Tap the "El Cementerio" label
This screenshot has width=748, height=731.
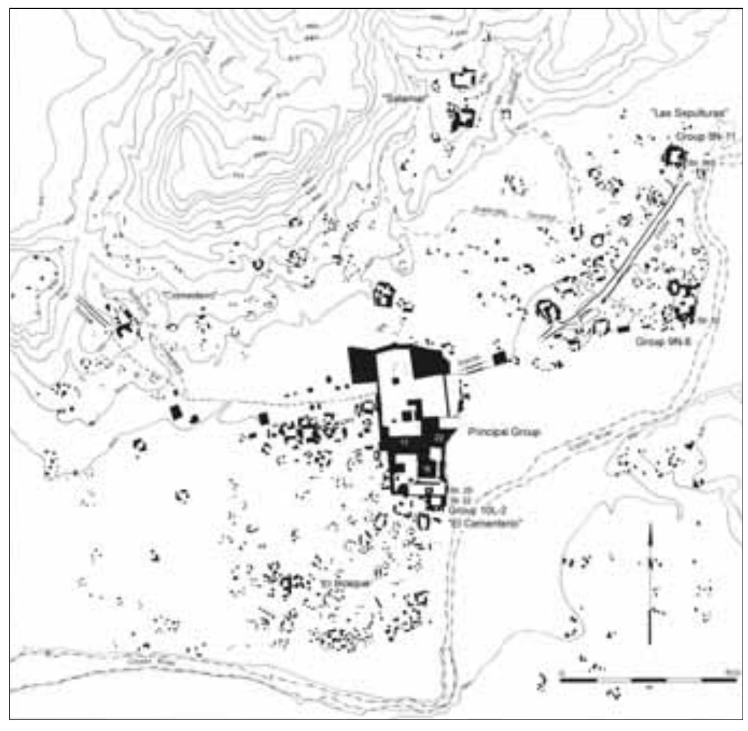[x=484, y=523]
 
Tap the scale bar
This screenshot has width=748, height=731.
[x=649, y=680]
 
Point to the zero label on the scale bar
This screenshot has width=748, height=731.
[x=561, y=672]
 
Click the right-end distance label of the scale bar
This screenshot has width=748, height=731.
[x=732, y=672]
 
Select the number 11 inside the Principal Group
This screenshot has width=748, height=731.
[x=406, y=441]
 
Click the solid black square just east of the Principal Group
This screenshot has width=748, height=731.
[x=499, y=358]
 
